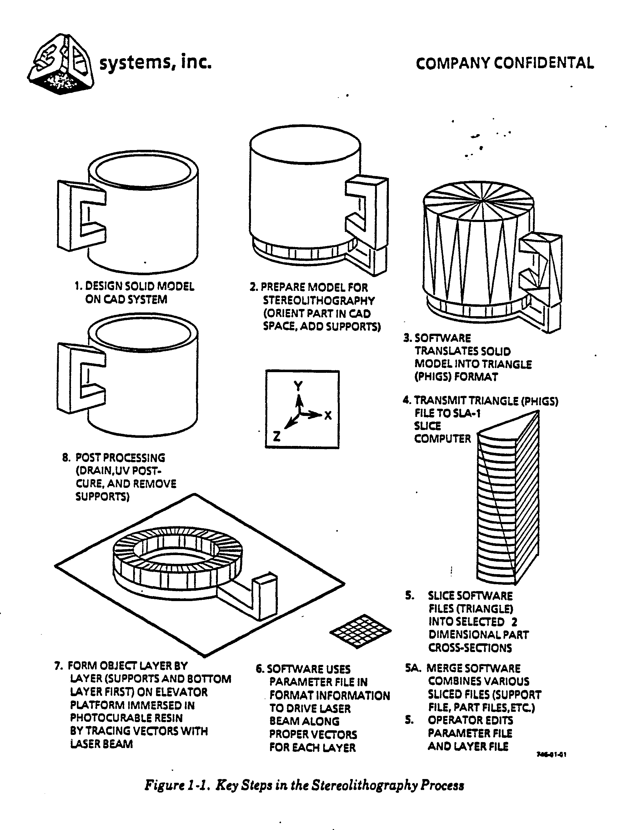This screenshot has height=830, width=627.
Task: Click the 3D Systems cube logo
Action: point(60,64)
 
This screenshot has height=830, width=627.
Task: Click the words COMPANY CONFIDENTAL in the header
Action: point(504,63)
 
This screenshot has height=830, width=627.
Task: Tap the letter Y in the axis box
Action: point(298,386)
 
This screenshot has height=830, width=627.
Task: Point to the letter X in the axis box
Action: point(328,415)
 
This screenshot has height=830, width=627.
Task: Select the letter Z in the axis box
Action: point(277,436)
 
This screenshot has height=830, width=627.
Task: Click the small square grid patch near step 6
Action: point(360,631)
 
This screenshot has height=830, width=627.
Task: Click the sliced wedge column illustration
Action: point(508,499)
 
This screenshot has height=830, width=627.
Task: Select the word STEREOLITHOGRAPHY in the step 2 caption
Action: point(319,301)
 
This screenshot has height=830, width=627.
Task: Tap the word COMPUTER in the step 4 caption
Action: point(442,439)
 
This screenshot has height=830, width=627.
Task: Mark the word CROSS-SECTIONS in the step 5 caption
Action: point(470,648)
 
